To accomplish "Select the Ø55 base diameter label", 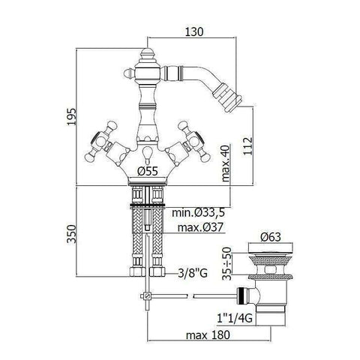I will (148, 172).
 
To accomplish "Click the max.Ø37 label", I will (198, 227).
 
